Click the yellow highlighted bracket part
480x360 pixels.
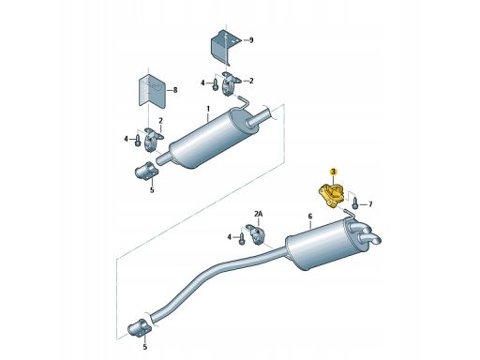pyautogui.click(x=331, y=195)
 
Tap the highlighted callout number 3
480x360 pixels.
pyautogui.click(x=334, y=172)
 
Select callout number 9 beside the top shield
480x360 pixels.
pyautogui.click(x=251, y=40)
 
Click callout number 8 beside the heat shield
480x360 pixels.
pyautogui.click(x=175, y=90)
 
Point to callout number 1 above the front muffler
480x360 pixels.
pyautogui.click(x=208, y=109)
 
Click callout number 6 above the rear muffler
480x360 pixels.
pyautogui.click(x=310, y=216)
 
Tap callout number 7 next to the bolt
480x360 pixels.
pyautogui.click(x=370, y=204)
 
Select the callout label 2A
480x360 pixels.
pyautogui.click(x=259, y=214)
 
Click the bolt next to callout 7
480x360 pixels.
pyautogui.click(x=356, y=202)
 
